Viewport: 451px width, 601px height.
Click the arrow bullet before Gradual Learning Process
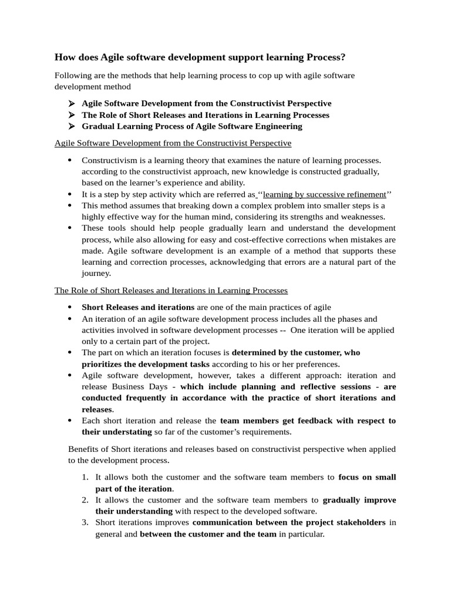click(72, 126)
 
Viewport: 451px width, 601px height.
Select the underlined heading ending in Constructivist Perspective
click(173, 143)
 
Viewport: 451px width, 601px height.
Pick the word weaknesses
click(362, 217)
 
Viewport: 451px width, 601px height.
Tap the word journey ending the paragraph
click(95, 273)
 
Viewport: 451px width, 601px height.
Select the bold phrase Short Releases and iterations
click(138, 307)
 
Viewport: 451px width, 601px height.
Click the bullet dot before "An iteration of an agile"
click(69, 319)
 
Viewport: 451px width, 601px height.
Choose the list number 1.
click(86, 477)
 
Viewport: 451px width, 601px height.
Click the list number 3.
click(86, 522)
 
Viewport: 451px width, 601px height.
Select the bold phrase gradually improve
click(359, 500)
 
